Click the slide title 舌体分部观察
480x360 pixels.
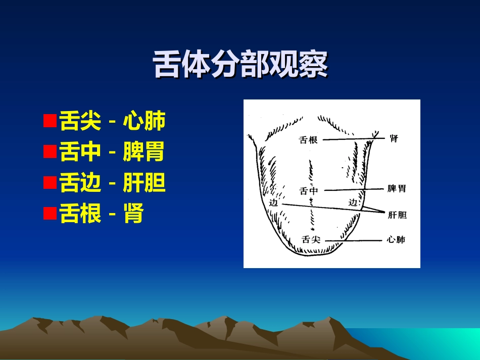click(240, 65)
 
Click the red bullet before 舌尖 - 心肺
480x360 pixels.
click(50, 121)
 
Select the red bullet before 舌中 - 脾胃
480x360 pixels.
click(50, 152)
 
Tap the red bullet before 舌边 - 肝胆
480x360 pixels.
click(50, 183)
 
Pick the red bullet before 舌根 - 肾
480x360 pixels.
click(50, 214)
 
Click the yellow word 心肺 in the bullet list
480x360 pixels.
click(144, 121)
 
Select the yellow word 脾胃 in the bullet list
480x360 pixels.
click(144, 152)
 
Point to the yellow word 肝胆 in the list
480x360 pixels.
click(144, 183)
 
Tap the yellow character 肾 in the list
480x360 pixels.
click(133, 214)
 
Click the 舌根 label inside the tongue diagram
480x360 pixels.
click(308, 140)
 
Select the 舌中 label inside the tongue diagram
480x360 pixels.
click(309, 191)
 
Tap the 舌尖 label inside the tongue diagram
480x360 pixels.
click(310, 240)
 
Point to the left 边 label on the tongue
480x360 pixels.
click(274, 203)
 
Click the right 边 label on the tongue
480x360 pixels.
click(353, 202)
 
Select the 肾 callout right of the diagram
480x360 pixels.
click(394, 138)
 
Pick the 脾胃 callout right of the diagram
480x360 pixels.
click(397, 189)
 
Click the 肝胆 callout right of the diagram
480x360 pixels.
click(397, 215)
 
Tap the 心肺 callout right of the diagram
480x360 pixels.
click(396, 240)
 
